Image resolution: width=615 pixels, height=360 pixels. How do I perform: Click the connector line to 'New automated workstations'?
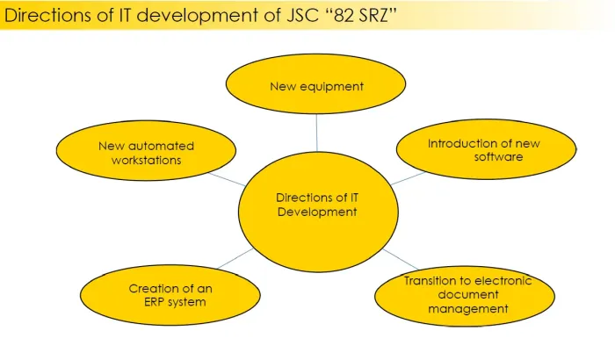point(227,178)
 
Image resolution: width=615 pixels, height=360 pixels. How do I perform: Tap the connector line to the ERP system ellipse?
point(234,258)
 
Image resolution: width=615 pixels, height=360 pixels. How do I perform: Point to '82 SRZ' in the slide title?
point(363,15)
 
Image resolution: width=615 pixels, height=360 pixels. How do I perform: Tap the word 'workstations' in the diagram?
point(146,161)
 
